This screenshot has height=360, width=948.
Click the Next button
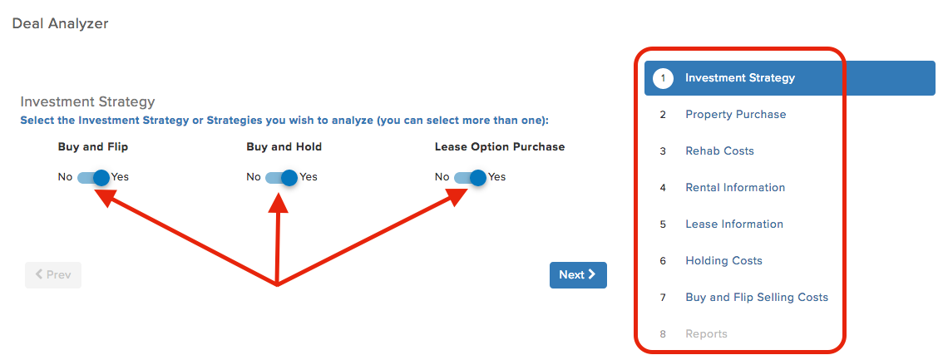(x=578, y=275)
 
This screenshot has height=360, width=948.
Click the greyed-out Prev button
(x=53, y=275)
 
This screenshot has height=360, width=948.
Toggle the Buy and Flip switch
(x=94, y=178)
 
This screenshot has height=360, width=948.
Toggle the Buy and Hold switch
(x=282, y=178)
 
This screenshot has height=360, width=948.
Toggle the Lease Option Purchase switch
(x=471, y=178)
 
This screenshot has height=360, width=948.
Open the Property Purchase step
(x=735, y=114)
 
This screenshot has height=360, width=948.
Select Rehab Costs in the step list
(x=719, y=151)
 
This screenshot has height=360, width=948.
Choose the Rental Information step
(x=735, y=187)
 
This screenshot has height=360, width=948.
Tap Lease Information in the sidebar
(x=734, y=224)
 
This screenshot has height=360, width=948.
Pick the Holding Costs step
(x=723, y=261)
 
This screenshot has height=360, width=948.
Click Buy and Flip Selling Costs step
(x=757, y=297)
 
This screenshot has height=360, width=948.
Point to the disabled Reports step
(x=706, y=334)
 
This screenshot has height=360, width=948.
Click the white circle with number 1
(x=664, y=78)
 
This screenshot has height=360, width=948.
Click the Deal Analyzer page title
(x=60, y=24)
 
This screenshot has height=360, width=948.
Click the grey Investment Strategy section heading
(x=87, y=101)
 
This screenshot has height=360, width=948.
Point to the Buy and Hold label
(x=284, y=147)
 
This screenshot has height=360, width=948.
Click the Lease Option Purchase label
(x=500, y=147)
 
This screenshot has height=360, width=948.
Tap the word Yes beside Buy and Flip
(x=121, y=177)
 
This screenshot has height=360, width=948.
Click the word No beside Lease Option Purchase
(x=442, y=177)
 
